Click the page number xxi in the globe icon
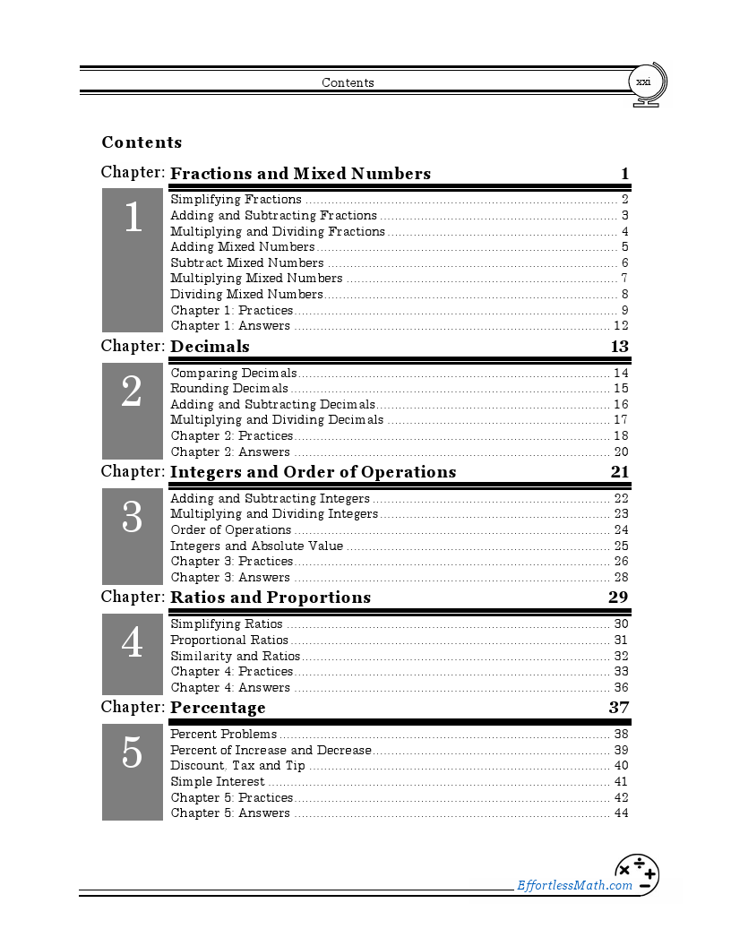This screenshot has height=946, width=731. pyautogui.click(x=643, y=82)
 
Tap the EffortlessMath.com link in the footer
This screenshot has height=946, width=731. pyautogui.click(x=574, y=885)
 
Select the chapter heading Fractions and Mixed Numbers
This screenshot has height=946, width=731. pyautogui.click(x=300, y=174)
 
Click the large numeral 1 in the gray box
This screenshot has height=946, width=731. pyautogui.click(x=133, y=218)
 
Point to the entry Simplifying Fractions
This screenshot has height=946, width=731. pyautogui.click(x=236, y=200)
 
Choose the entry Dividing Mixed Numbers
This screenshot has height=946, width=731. pyautogui.click(x=246, y=295)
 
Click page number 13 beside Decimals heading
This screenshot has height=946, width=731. pyautogui.click(x=619, y=347)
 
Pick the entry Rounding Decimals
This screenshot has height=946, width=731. pyautogui.click(x=229, y=389)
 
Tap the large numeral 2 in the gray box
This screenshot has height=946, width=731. pyautogui.click(x=132, y=391)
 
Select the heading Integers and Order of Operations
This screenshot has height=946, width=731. pyautogui.click(x=313, y=472)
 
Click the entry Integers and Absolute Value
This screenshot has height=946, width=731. pyautogui.click(x=256, y=546)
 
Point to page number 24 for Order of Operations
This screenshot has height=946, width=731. pyautogui.click(x=621, y=530)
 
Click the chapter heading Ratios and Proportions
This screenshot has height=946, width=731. pyautogui.click(x=270, y=598)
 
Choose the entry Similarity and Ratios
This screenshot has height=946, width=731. pyautogui.click(x=235, y=657)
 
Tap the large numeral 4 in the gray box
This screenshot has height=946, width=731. pyautogui.click(x=132, y=642)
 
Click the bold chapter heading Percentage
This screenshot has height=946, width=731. pyautogui.click(x=218, y=708)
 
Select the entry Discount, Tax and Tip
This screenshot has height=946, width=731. pyautogui.click(x=237, y=766)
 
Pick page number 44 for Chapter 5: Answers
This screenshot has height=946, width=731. pyautogui.click(x=621, y=813)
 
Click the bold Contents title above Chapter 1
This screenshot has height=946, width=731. pyautogui.click(x=142, y=142)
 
